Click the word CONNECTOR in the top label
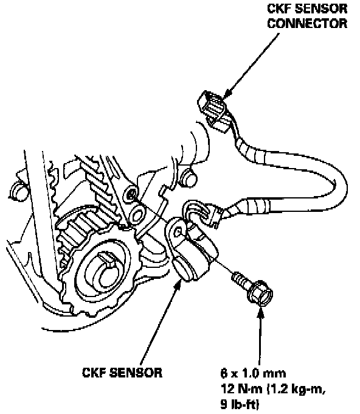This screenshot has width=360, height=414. click(x=307, y=23)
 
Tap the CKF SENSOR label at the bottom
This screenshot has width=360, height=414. click(x=122, y=373)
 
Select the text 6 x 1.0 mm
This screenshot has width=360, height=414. click(x=253, y=373)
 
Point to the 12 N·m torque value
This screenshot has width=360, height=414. click(x=241, y=389)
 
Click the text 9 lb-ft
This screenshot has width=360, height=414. click(x=240, y=404)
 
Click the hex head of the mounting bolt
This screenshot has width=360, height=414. click(x=260, y=293)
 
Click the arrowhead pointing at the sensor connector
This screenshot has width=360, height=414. click(x=227, y=94)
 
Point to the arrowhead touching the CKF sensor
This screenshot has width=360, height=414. click(x=178, y=283)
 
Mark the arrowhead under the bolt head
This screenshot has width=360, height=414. click(x=260, y=314)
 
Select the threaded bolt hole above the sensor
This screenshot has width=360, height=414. click(x=131, y=194)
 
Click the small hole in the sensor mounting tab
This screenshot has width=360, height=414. click(x=179, y=232)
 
